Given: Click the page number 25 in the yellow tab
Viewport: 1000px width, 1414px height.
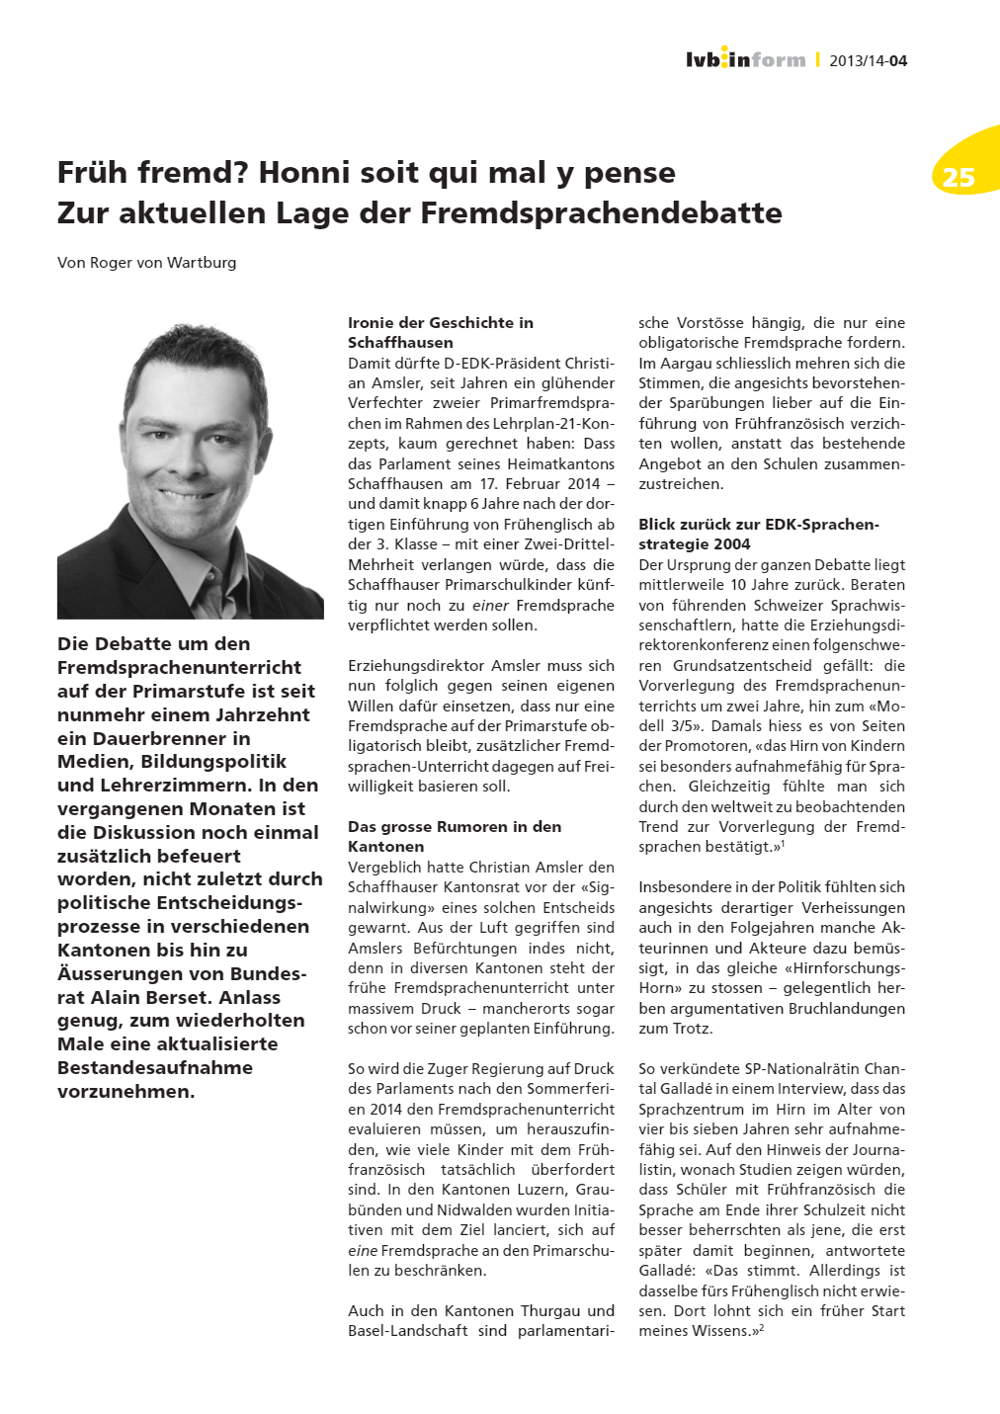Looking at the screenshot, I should click(958, 177).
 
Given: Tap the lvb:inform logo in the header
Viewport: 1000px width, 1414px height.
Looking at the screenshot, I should click(745, 59).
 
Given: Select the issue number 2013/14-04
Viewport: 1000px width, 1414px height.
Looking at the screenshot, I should click(868, 60).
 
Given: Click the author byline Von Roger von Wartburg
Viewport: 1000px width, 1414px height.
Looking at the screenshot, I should click(146, 262).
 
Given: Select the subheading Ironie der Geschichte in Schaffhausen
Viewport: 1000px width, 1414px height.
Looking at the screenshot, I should click(440, 332).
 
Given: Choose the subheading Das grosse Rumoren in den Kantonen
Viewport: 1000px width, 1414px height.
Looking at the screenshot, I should click(454, 836).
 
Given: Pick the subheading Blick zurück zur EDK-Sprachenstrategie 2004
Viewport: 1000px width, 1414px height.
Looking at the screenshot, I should click(758, 534).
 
